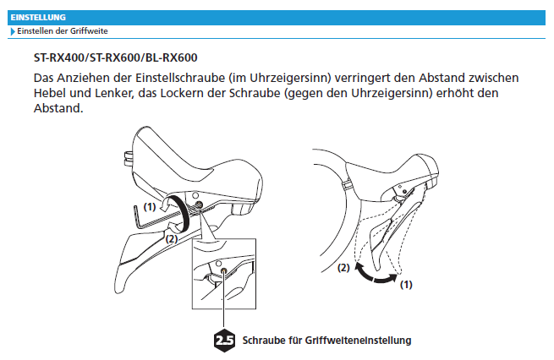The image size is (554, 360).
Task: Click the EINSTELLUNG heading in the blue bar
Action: [38, 17]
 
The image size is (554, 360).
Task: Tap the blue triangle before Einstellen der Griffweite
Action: [13, 31]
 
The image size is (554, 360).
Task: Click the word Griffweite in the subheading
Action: [89, 31]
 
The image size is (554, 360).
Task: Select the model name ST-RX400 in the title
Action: [58, 57]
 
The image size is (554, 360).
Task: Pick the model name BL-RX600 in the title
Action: [172, 57]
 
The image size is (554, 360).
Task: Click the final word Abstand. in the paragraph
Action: [58, 108]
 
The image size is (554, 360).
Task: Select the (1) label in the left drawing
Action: [150, 207]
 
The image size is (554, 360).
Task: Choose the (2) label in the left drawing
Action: [172, 239]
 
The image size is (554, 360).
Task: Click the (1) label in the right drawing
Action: [406, 285]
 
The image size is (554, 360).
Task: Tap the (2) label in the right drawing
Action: [343, 268]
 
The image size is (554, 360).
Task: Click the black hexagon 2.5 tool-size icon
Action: [224, 341]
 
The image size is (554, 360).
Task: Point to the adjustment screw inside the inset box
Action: [223, 270]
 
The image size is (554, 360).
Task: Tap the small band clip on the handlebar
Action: [348, 185]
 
